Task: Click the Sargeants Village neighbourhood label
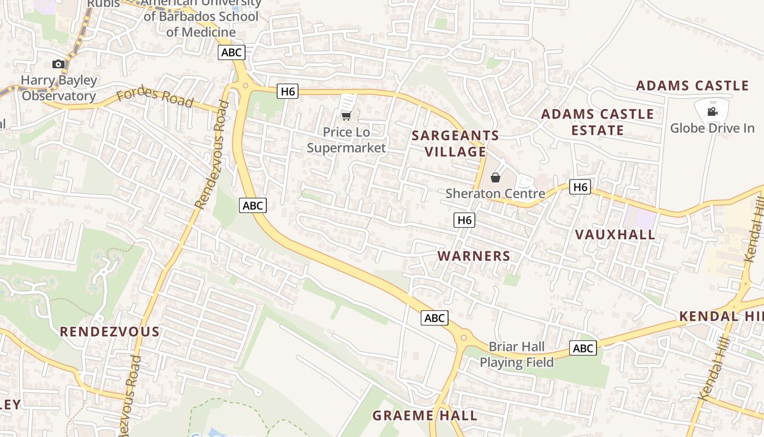pos(455,143)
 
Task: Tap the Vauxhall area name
pos(615,234)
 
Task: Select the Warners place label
pos(474,256)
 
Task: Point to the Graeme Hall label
pos(425,415)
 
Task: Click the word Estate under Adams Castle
pos(598,131)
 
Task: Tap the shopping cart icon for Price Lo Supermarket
pos(346,116)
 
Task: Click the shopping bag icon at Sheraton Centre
pos(496,178)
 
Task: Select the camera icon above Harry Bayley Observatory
pos(58,64)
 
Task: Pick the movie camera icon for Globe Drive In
pos(712,112)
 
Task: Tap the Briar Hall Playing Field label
pos(517,355)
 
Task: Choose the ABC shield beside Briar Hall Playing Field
pos(583,348)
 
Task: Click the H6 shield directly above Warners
pos(464,220)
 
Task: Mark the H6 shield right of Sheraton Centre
pos(580,187)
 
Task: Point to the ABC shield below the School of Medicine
pos(231,52)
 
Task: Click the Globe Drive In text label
pos(712,128)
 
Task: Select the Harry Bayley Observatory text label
pos(59,88)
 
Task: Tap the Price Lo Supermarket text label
pos(346,140)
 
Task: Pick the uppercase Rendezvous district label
pos(109,332)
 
